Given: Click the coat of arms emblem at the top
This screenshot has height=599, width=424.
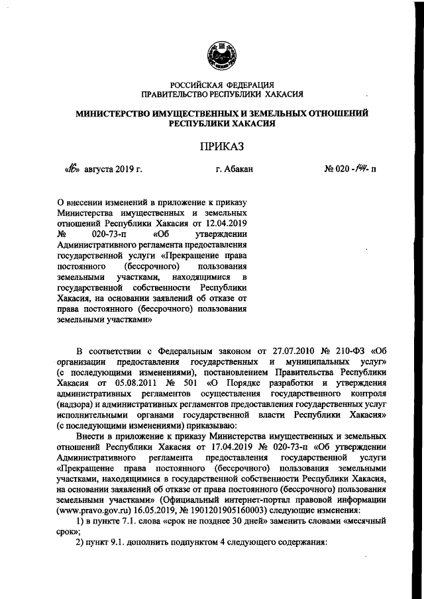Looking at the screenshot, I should click(x=220, y=55).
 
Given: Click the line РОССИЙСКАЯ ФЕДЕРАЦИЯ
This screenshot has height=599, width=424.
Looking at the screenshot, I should click(x=221, y=85).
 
